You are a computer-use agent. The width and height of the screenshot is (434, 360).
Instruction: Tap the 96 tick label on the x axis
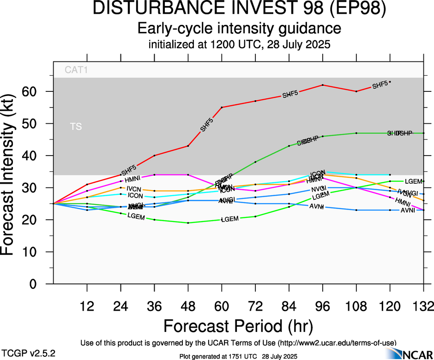tap(322, 306)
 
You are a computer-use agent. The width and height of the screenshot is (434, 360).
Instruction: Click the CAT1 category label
tap(76, 71)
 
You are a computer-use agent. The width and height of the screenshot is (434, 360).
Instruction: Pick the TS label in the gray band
tap(76, 126)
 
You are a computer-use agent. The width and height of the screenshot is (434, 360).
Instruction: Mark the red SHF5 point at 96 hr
tap(322, 85)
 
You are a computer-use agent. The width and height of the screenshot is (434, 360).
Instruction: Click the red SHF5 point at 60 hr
tap(222, 108)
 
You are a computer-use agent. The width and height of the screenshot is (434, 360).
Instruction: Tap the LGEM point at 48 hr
tap(188, 223)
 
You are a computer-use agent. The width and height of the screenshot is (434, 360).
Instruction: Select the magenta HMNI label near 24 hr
tap(133, 178)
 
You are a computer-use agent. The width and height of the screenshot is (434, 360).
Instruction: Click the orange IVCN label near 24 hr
tap(133, 189)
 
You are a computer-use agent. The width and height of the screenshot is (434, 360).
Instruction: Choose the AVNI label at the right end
tap(408, 210)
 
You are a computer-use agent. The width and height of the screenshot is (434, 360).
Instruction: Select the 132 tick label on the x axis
tap(423, 306)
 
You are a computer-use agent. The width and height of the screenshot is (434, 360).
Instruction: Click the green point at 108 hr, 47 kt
tap(356, 133)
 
